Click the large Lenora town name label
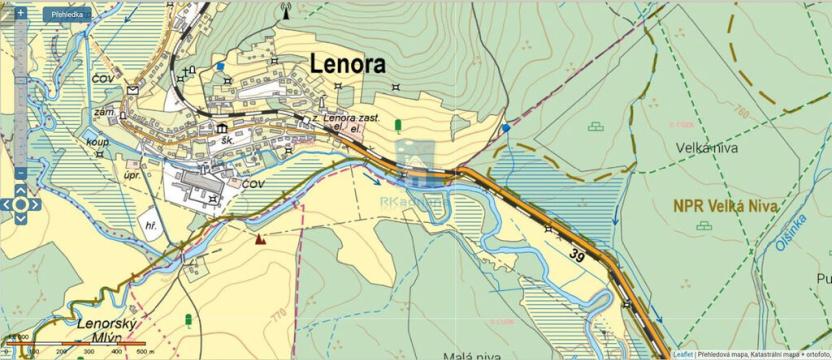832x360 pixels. pyautogui.click(x=348, y=63)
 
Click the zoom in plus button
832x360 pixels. pyautogui.click(x=20, y=13)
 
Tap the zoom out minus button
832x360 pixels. pyautogui.click(x=20, y=173)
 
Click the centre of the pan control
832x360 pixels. pyautogui.click(x=20, y=204)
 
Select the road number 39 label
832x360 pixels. pyautogui.click(x=577, y=256)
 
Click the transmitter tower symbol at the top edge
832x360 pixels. pyautogui.click(x=285, y=12)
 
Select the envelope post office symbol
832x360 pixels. pyautogui.click(x=133, y=90)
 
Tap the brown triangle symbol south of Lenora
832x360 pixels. pyautogui.click(x=260, y=238)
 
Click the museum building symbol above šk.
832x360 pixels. pyautogui.click(x=221, y=128)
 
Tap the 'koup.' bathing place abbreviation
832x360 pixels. pyautogui.click(x=98, y=143)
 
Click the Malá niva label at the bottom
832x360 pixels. pyautogui.click(x=471, y=354)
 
